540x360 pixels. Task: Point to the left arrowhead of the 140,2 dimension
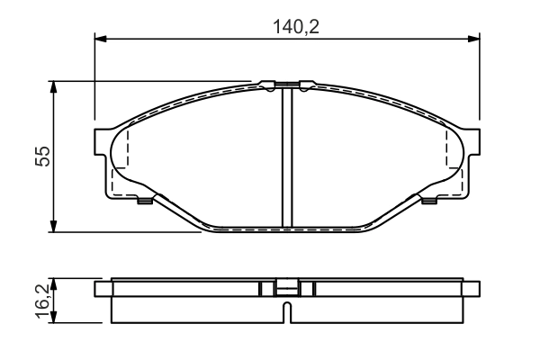pos(100,38)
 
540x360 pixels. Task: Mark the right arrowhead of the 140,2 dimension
pos(473,38)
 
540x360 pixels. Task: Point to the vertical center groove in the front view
pos(286,157)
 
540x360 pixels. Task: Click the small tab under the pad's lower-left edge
pos(143,201)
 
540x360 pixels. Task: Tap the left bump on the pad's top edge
pos(267,85)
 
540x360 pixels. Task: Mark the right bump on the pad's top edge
pos(306,85)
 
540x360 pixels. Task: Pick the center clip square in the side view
pos(286,289)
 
